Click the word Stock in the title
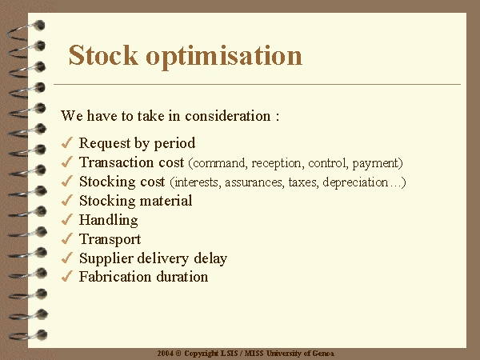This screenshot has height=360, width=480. (x=103, y=55)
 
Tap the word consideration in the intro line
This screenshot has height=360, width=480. (x=228, y=116)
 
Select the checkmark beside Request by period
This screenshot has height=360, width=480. (x=66, y=142)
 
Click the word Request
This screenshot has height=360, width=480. (x=105, y=143)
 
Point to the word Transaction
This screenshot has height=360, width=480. (x=117, y=162)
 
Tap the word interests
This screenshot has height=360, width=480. (x=197, y=182)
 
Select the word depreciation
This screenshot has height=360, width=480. (x=355, y=182)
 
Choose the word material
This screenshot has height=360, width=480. (x=166, y=201)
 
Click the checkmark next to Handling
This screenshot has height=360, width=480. (x=66, y=219)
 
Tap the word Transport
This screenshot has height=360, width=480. (x=110, y=239)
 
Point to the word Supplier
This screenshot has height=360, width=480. (x=106, y=258)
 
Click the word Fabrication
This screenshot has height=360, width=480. (x=115, y=277)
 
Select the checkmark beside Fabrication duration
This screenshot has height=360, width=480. (x=66, y=277)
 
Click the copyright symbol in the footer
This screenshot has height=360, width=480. (x=178, y=354)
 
